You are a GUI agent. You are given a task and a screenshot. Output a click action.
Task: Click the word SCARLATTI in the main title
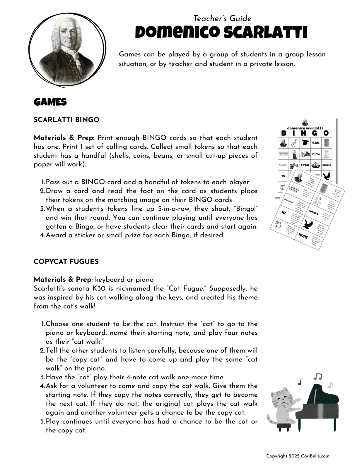(x=265, y=32)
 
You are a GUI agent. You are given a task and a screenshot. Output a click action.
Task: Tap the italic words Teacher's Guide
(x=222, y=18)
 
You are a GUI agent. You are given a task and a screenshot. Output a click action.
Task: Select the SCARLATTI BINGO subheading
(x=66, y=120)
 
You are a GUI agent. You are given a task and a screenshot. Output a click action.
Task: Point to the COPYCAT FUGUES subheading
(x=66, y=261)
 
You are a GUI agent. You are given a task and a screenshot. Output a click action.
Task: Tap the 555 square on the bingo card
(x=316, y=143)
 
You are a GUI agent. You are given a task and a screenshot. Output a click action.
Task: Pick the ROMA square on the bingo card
(x=316, y=154)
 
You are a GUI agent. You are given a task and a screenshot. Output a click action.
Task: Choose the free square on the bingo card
(x=305, y=165)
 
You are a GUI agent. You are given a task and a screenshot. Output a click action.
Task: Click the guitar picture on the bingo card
(x=294, y=143)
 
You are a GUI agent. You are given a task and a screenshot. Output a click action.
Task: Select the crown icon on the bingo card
(x=316, y=165)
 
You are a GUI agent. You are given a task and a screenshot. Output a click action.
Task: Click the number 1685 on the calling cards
(x=303, y=236)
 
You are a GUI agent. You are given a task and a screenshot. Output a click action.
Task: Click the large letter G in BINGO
(x=315, y=133)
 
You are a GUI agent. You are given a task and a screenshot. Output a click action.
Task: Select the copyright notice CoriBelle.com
(x=298, y=456)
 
